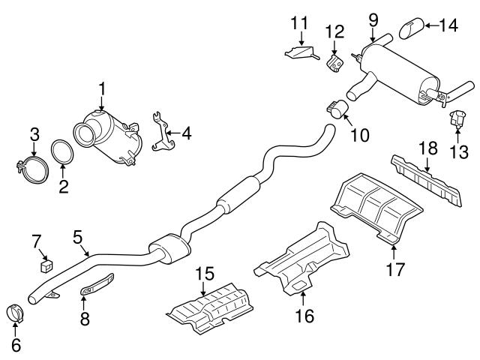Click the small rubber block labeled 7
click(x=47, y=262)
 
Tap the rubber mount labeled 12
click(x=334, y=59)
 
